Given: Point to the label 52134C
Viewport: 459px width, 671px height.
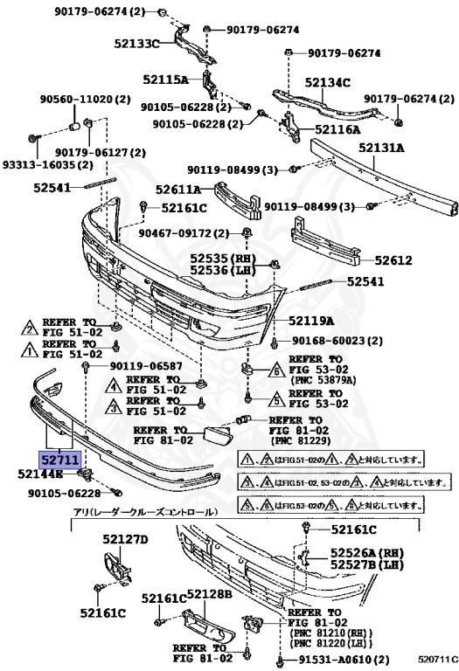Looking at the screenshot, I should pyautogui.click(x=328, y=83).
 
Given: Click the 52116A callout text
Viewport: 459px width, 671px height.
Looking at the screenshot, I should pyautogui.click(x=337, y=129).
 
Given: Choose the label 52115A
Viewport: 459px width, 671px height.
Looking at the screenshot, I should pyautogui.click(x=166, y=80).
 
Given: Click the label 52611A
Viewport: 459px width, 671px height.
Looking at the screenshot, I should pyautogui.click(x=179, y=188).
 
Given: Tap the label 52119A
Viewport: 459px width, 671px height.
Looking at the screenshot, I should pyautogui.click(x=312, y=321).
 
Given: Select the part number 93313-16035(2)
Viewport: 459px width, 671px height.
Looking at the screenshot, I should pyautogui.click(x=47, y=164).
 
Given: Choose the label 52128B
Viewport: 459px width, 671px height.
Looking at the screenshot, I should pyautogui.click(x=202, y=594).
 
